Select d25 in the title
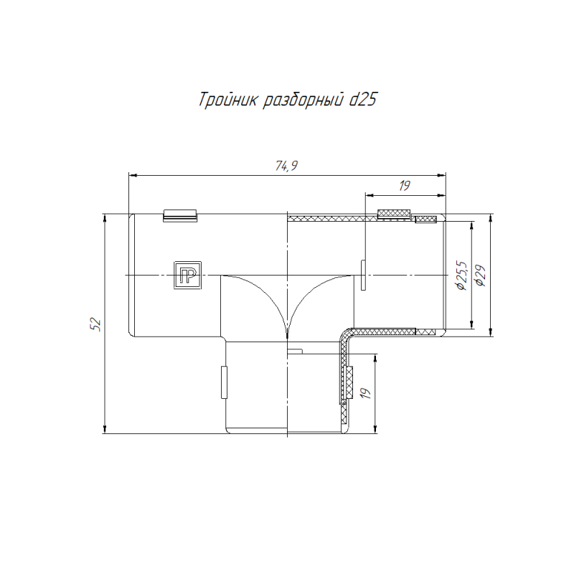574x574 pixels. tap(363, 100)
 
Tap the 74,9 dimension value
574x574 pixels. tap(286, 166)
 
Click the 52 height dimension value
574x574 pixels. tap(95, 324)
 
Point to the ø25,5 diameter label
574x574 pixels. tap(461, 276)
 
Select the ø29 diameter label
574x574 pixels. tap(480, 276)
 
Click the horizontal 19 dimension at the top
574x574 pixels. tap(404, 186)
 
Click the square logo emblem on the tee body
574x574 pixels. tap(187, 276)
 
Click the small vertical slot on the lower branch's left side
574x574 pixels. tap(223, 382)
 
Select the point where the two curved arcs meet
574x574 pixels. tap(286, 337)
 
